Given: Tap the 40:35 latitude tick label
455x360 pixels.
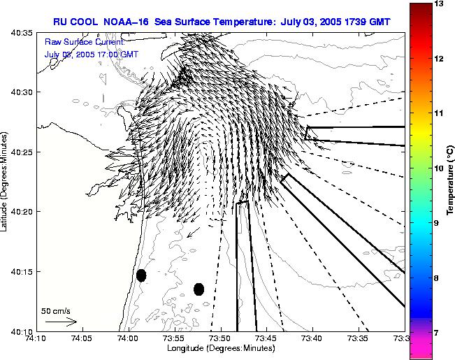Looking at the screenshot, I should (x=19, y=33).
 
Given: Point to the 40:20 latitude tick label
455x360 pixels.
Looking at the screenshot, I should (x=19, y=211).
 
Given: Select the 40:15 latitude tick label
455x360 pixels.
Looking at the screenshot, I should (x=19, y=271).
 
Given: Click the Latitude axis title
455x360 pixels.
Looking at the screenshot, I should (x=6, y=182).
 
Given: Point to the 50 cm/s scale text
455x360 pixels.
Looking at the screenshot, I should (x=56, y=310).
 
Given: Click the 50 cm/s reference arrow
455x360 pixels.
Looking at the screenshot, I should (x=61, y=322).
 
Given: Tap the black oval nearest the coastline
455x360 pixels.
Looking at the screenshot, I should (x=141, y=275).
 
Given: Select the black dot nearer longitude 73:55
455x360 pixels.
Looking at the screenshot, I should (x=198, y=289).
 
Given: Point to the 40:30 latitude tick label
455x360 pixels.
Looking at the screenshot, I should (x=19, y=92).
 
